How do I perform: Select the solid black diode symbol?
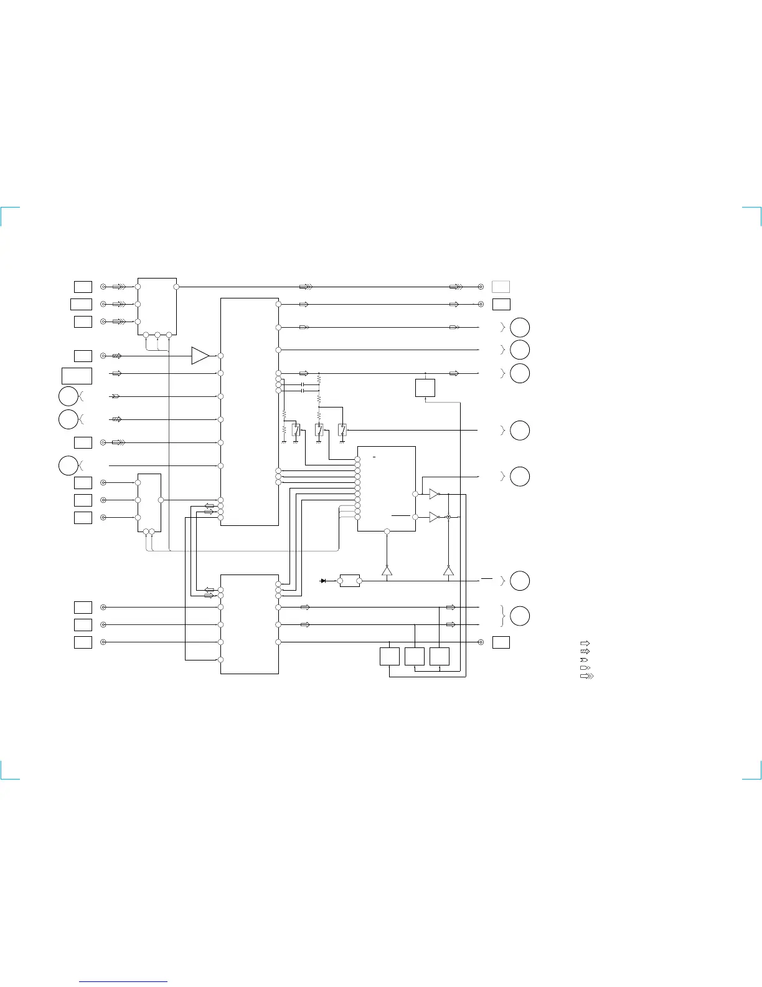pyautogui.click(x=323, y=581)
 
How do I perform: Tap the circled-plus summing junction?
pyautogui.click(x=448, y=517)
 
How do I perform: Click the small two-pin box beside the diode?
pyautogui.click(x=350, y=581)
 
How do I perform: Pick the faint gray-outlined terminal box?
pyautogui.click(x=501, y=287)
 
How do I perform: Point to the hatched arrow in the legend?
pyautogui.click(x=585, y=651)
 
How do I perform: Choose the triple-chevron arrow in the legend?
pyautogui.click(x=586, y=675)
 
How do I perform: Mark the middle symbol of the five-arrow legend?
pyautogui.click(x=584, y=659)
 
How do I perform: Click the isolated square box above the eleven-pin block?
pyautogui.click(x=425, y=388)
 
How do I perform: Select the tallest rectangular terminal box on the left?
pyautogui.click(x=77, y=376)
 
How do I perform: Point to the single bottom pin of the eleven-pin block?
pyautogui.click(x=387, y=532)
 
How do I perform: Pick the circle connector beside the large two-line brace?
pyautogui.click(x=520, y=616)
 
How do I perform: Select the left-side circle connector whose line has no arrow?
pyautogui.click(x=68, y=465)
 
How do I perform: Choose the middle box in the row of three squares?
pyautogui.click(x=415, y=656)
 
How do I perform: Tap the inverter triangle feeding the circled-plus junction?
pyautogui.click(x=435, y=517)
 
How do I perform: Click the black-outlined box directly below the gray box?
pyautogui.click(x=501, y=304)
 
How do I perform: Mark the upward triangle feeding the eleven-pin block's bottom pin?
pyautogui.click(x=387, y=571)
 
